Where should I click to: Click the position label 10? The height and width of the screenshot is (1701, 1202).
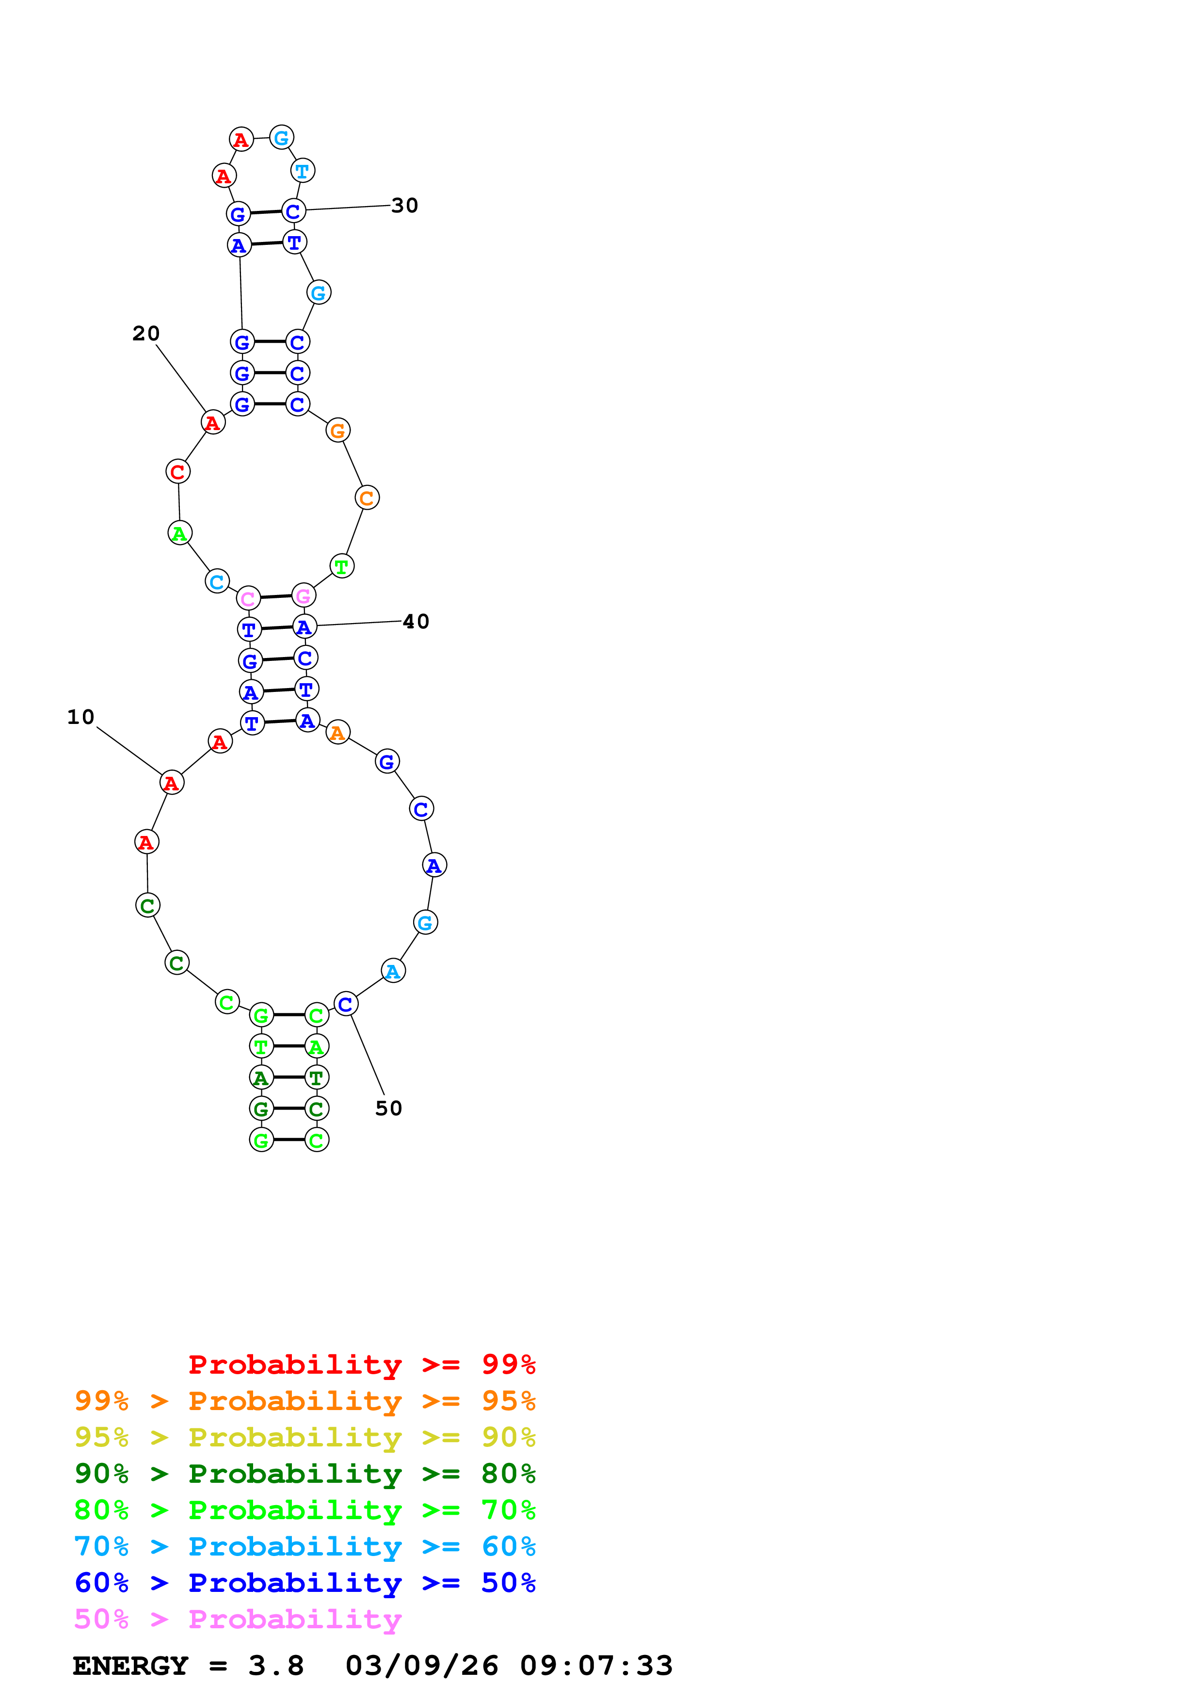(x=80, y=717)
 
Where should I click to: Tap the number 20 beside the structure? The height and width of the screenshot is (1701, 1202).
(x=146, y=334)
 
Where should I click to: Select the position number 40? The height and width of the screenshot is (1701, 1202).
(x=416, y=622)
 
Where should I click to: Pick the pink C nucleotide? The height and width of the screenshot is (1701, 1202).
(x=248, y=598)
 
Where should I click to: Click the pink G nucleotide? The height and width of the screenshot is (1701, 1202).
(x=304, y=595)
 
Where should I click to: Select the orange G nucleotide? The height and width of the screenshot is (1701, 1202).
(x=338, y=431)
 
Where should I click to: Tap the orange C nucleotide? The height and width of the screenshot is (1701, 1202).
(x=367, y=498)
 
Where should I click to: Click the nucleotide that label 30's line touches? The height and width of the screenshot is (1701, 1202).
(x=294, y=211)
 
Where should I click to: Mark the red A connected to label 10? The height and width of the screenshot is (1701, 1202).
(x=172, y=782)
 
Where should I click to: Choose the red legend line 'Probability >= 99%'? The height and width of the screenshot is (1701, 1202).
(x=361, y=1364)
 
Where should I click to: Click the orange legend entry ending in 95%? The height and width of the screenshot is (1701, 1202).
(x=305, y=1401)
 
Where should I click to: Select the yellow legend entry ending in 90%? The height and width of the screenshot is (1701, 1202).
(x=305, y=1437)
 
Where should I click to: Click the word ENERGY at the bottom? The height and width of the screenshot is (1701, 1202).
(x=130, y=1666)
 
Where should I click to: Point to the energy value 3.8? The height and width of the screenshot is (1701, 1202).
(x=275, y=1666)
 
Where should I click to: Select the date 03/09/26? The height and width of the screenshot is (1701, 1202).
(x=421, y=1666)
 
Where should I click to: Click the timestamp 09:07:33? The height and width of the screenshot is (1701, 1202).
(x=596, y=1666)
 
